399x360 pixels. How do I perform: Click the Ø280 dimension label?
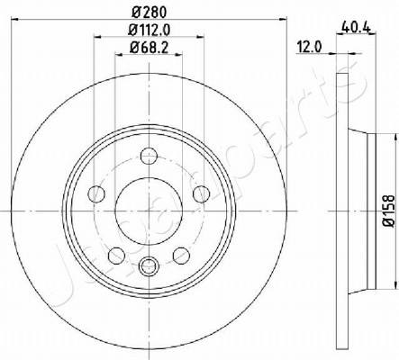pyautogui.click(x=149, y=13)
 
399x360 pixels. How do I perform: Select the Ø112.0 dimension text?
pyautogui.click(x=150, y=30)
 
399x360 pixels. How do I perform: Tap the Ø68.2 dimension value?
pyautogui.click(x=149, y=48)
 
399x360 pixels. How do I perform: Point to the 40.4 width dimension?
pyautogui.click(x=357, y=28)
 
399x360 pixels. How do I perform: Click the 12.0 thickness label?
pyautogui.click(x=309, y=47)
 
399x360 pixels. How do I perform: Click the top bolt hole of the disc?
pyautogui.click(x=149, y=156)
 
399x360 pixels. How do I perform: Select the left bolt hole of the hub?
pyautogui.click(x=96, y=194)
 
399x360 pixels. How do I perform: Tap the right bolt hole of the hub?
pyautogui.click(x=201, y=194)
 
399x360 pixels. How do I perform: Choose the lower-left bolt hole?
pyautogui.click(x=116, y=256)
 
